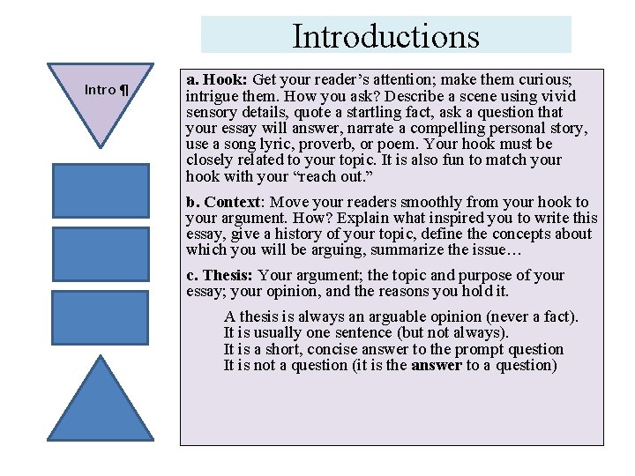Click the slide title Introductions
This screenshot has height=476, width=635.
point(385,36)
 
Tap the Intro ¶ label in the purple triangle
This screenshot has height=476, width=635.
point(106,89)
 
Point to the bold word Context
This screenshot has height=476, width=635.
point(232,202)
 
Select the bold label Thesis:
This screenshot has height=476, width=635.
point(228,275)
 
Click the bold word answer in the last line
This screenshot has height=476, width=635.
point(436,365)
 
